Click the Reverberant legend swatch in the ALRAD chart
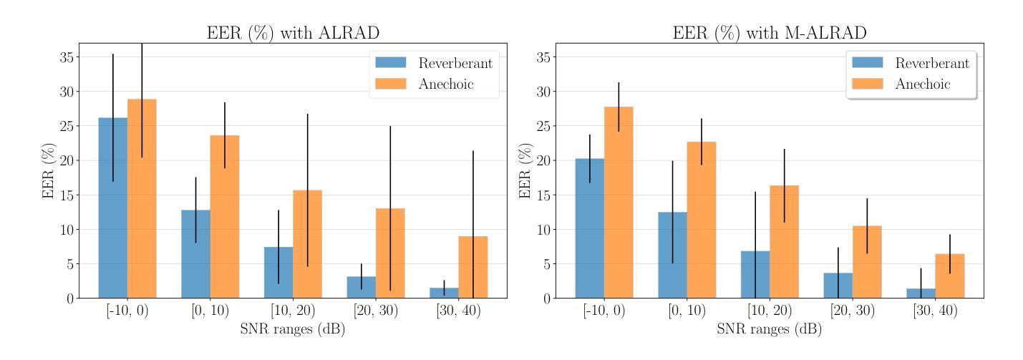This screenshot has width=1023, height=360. click(387, 63)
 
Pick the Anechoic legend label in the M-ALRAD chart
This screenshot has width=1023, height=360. click(922, 84)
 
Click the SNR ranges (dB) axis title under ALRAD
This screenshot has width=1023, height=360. click(292, 330)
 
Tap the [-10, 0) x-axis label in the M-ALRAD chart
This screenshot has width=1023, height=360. click(604, 311)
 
